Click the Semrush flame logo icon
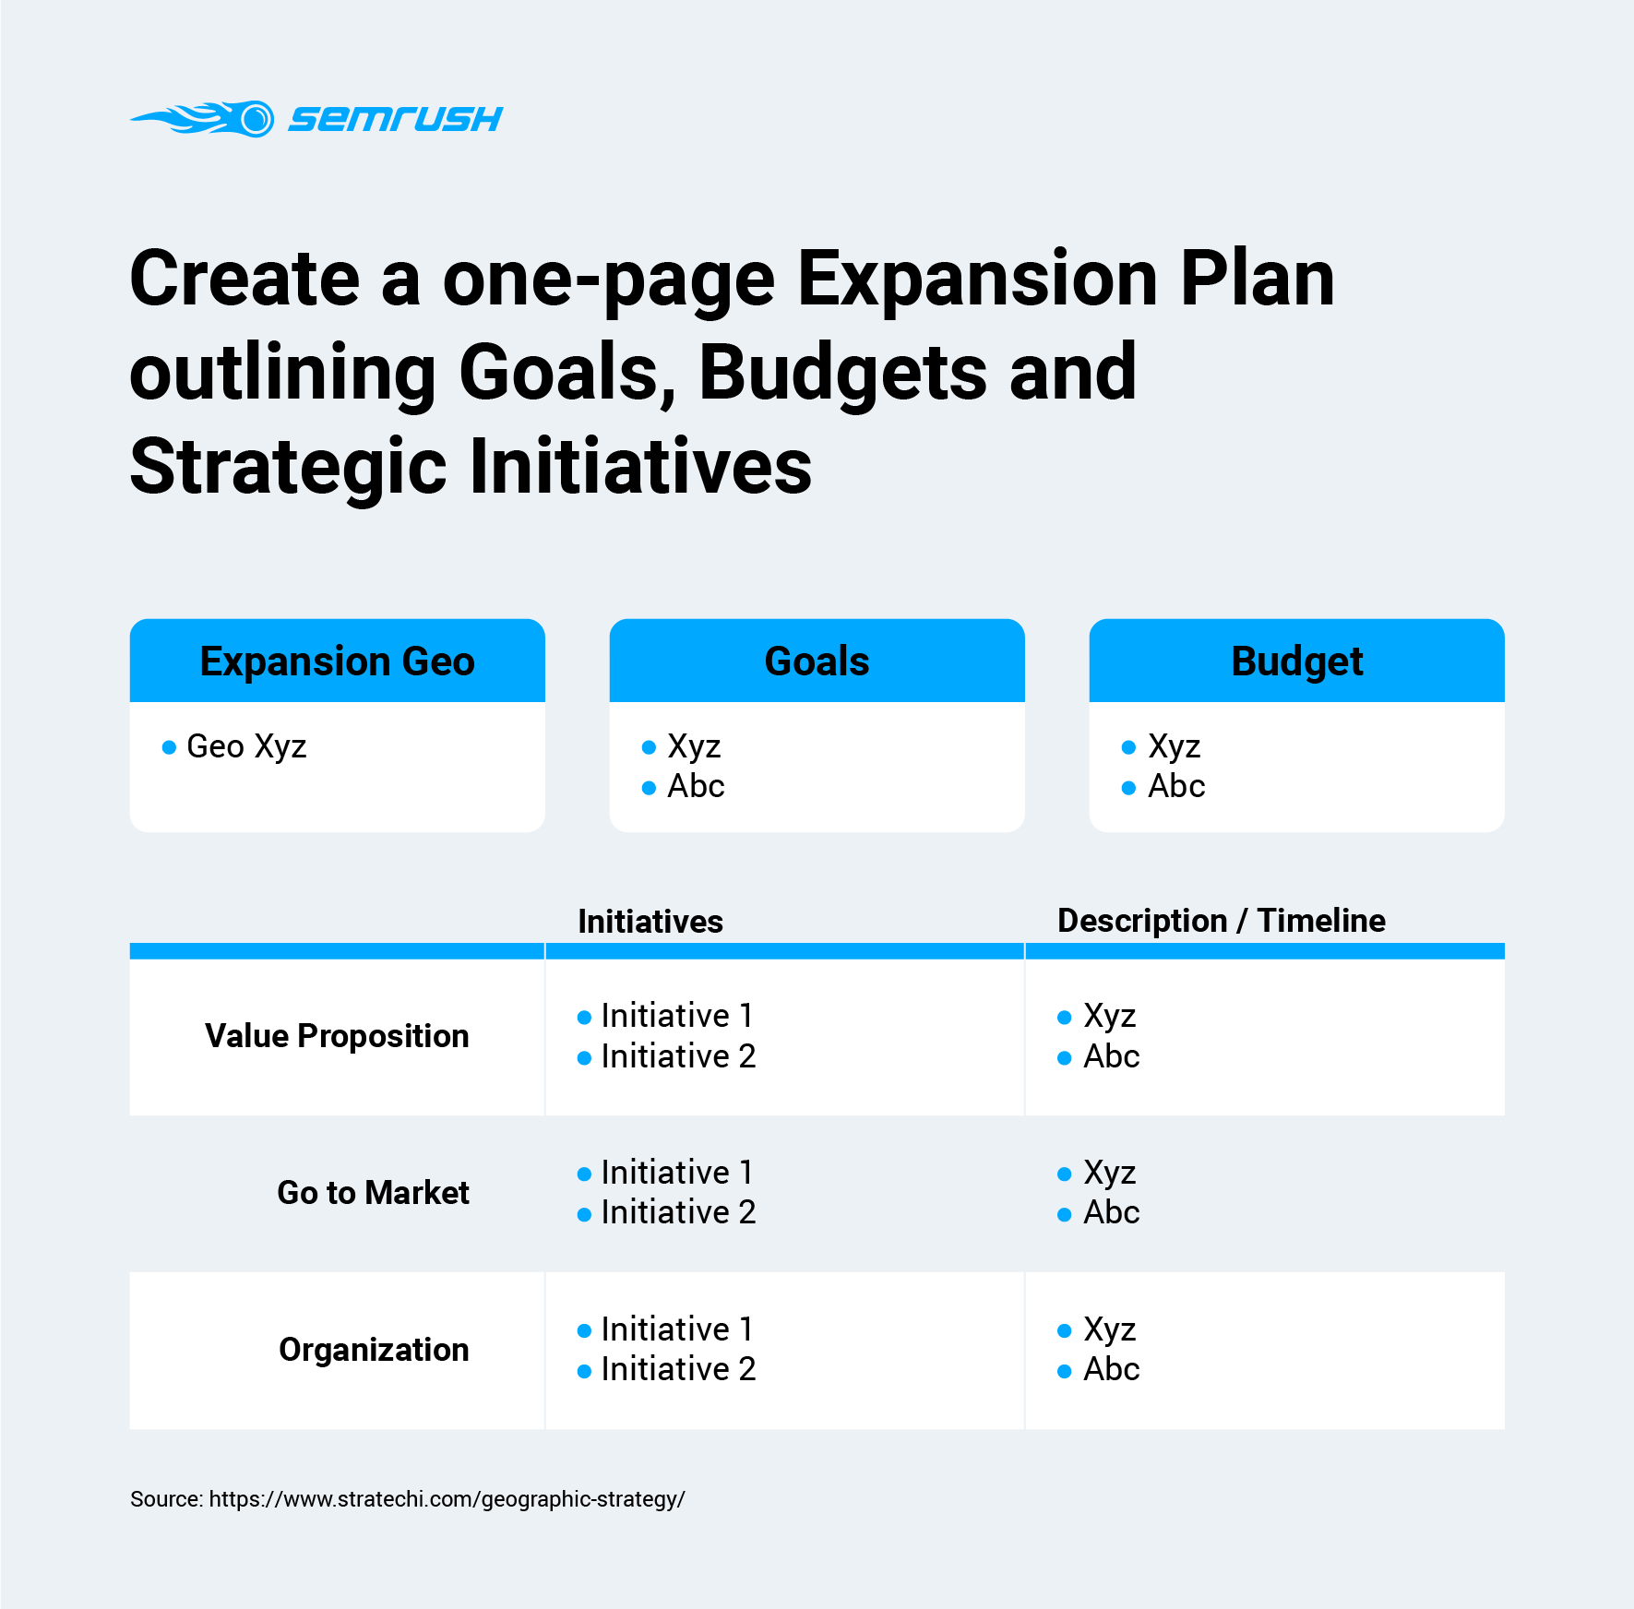(203, 119)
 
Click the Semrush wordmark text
(396, 119)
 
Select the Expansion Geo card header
(338, 661)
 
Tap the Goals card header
(817, 661)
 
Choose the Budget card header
(1297, 661)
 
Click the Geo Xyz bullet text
(246, 746)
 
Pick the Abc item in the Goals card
(696, 786)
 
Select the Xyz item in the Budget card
(1175, 746)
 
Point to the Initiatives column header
(650, 921)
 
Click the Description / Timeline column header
(1222, 921)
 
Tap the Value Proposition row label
(337, 1036)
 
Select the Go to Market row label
(374, 1193)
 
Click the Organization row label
(374, 1350)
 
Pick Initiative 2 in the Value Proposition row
(678, 1056)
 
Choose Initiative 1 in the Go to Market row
(677, 1173)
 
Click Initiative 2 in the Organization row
(678, 1369)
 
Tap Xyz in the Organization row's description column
(1110, 1329)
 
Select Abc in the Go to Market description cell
(1112, 1212)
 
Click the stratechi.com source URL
(447, 1499)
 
